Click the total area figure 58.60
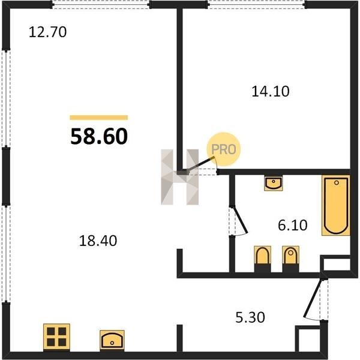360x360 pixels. click(99, 136)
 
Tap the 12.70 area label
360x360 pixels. click(48, 32)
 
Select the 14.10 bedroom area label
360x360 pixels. click(271, 91)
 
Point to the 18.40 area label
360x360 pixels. click(98, 241)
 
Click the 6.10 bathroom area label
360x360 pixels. click(293, 225)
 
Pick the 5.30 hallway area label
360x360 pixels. click(250, 317)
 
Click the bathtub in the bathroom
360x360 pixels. click(336, 205)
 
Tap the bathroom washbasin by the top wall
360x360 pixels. click(273, 183)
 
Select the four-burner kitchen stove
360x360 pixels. click(56, 337)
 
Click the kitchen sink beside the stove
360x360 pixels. click(112, 340)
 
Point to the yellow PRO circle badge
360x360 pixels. click(224, 149)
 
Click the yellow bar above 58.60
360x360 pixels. click(99, 118)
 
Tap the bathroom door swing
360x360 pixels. click(239, 221)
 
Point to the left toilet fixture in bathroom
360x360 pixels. click(262, 259)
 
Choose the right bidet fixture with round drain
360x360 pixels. click(290, 259)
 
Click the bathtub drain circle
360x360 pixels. click(337, 183)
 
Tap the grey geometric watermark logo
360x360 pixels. click(180, 177)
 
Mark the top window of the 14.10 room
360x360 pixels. click(256, 5)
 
